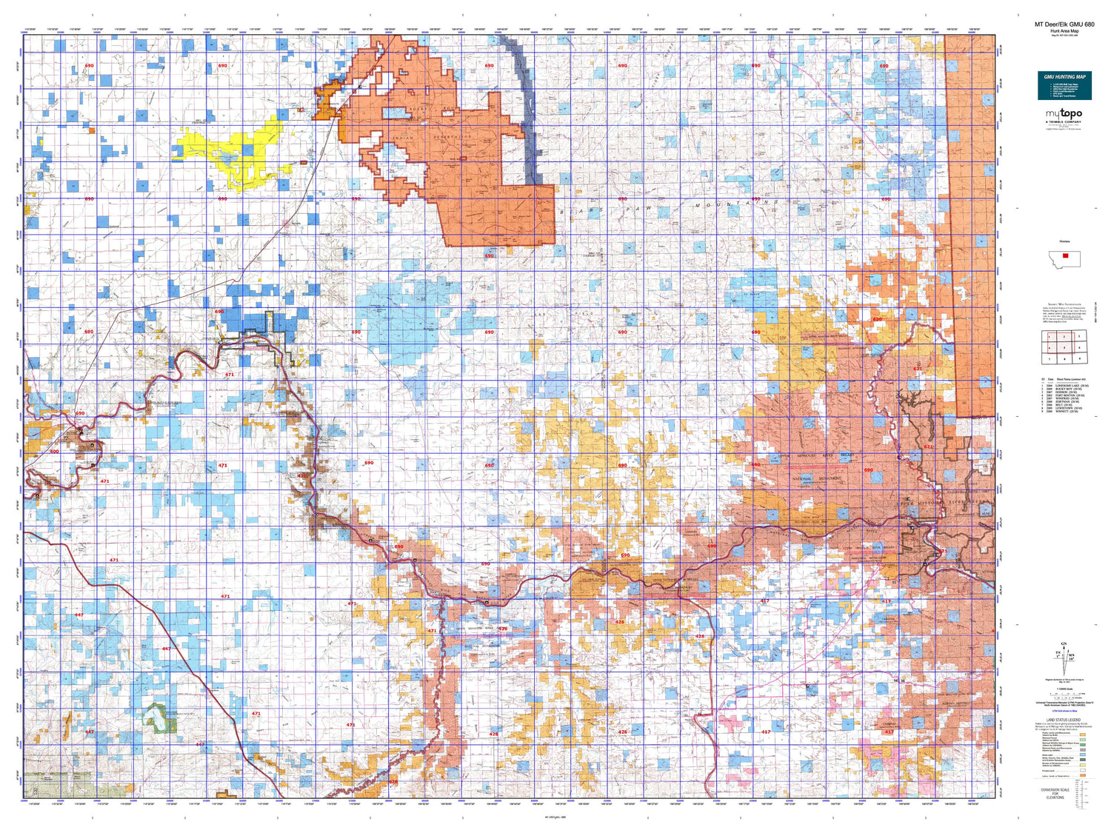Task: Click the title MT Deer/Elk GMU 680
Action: click(x=1064, y=25)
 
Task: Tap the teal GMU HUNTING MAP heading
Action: click(x=1064, y=77)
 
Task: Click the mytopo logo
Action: click(x=1064, y=114)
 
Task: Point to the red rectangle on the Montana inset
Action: click(x=1065, y=255)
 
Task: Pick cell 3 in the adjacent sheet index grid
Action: click(x=1078, y=336)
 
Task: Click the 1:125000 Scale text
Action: click(x=1064, y=689)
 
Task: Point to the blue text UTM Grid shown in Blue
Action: click(x=1064, y=711)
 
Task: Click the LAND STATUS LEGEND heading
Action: click(x=1064, y=720)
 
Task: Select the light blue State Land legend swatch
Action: click(x=1083, y=755)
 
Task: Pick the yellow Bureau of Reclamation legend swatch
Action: click(x=1083, y=764)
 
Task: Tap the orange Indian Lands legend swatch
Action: click(x=1083, y=776)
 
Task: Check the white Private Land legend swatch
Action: click(x=1083, y=770)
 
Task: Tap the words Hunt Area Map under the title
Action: click(x=1064, y=31)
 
